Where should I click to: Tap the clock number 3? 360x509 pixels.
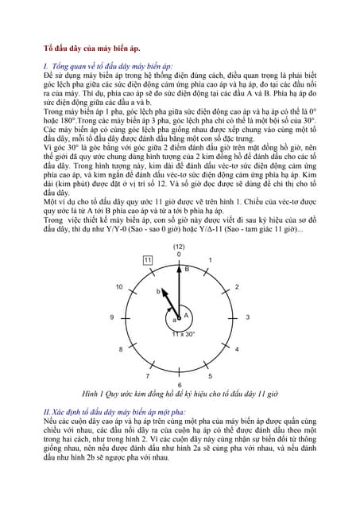(248, 317)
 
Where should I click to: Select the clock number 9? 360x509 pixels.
(112, 317)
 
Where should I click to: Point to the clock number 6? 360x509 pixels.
(180, 384)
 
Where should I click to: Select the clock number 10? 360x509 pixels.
(119, 286)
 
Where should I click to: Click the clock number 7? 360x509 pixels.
(146, 375)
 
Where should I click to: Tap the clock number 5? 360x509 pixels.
(210, 375)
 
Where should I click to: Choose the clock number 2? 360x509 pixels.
(238, 286)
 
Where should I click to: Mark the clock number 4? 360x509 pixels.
(238, 349)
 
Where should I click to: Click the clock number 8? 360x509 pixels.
(121, 349)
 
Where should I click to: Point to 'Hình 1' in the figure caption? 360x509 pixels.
(95, 394)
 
